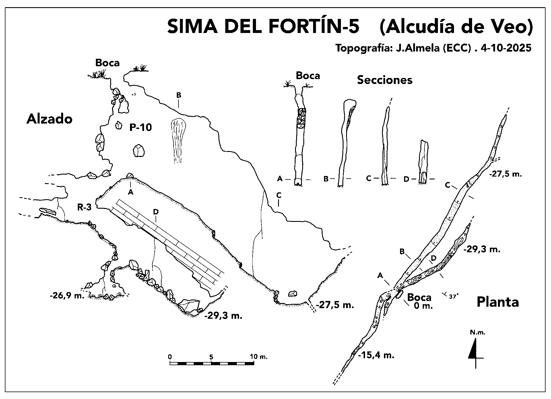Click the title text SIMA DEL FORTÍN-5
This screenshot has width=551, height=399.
point(263,27)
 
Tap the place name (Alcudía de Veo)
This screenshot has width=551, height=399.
point(456,27)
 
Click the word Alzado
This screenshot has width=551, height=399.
point(49,119)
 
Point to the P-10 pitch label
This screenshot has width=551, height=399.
point(140,127)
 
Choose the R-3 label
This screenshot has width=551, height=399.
point(84,207)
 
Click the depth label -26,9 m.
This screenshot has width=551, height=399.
point(67,296)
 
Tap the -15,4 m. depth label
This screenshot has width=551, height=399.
point(376,355)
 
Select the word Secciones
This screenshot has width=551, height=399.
point(385,80)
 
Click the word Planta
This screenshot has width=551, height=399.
point(498,302)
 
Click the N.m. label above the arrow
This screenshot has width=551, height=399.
point(478,333)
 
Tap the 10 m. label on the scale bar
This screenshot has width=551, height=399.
point(258,357)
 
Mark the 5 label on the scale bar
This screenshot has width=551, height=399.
point(211,357)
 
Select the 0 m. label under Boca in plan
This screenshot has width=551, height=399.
point(423,306)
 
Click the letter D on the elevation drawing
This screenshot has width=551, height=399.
point(156,212)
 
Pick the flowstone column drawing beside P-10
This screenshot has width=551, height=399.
point(178,140)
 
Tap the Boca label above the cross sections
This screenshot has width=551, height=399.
point(308,76)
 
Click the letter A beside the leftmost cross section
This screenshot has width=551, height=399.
point(280,179)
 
